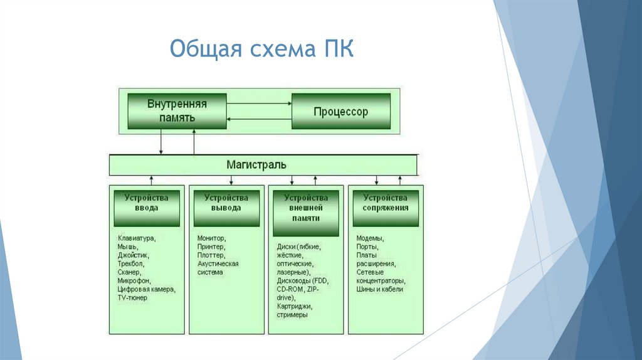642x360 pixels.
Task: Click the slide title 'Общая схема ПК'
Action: pos(261,50)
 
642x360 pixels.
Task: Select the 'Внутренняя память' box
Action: pos(176,110)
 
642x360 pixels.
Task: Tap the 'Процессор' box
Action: pos(340,112)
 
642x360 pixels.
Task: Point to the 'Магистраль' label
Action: pos(256,165)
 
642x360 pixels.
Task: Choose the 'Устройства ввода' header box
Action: pos(145,208)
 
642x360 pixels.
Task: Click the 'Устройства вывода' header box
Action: pos(226,208)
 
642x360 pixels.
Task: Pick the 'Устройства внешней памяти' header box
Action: pos(305,208)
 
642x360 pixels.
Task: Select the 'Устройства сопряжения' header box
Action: pos(386,208)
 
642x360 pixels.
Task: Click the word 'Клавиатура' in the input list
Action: pos(136,238)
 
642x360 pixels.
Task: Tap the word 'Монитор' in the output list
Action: pos(211,238)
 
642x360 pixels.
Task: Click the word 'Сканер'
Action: pos(129,273)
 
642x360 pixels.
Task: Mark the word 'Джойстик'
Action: pos(133,255)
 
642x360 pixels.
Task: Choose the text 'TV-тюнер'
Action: pos(132,298)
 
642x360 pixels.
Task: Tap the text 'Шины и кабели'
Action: pos(379,289)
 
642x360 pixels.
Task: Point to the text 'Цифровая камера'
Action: pos(146,289)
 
